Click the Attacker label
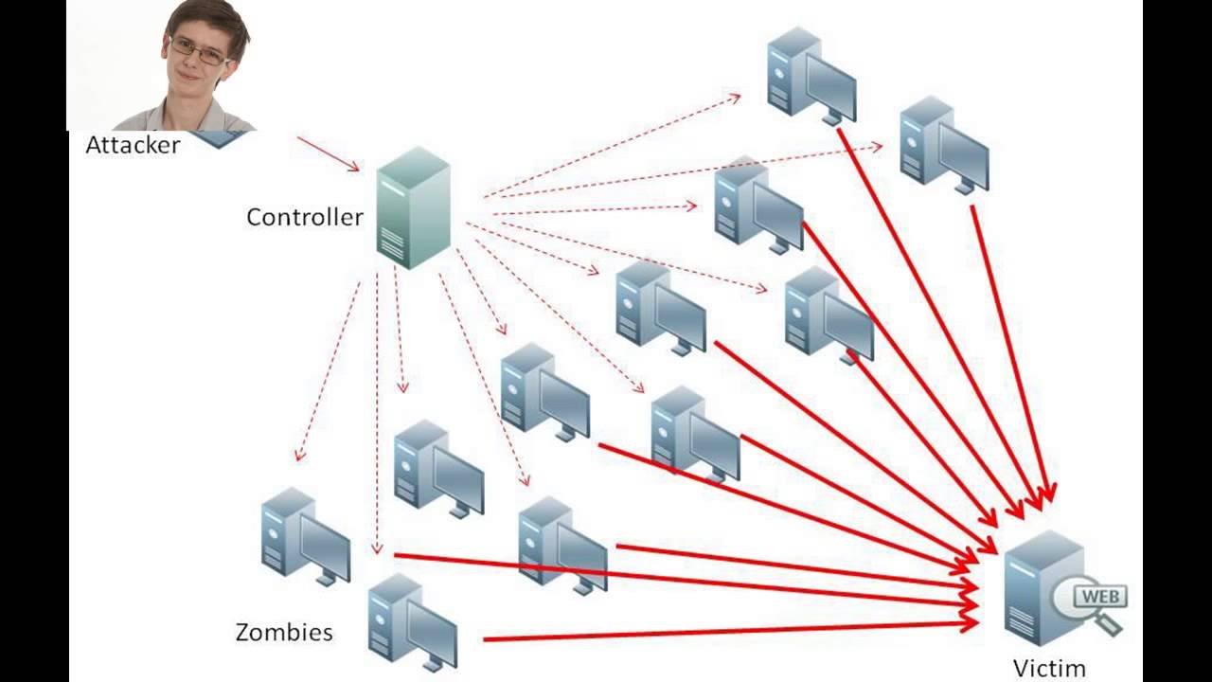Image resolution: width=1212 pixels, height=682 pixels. (x=133, y=145)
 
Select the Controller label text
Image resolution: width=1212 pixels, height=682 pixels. (x=304, y=217)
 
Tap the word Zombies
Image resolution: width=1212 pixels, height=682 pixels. (x=284, y=632)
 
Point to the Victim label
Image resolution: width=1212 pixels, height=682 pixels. (x=1049, y=668)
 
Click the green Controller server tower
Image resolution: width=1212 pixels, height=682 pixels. (x=413, y=208)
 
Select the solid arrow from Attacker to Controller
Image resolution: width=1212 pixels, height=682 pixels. (x=328, y=154)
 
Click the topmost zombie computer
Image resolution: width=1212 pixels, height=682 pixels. (x=811, y=76)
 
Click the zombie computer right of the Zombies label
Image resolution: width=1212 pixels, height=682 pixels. (x=412, y=621)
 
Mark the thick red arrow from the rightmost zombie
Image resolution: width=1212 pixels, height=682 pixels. (x=1010, y=350)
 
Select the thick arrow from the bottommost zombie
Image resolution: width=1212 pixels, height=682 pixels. (x=729, y=632)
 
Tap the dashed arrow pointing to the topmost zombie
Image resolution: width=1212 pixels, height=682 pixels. (x=611, y=146)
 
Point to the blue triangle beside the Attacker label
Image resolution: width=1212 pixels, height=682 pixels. (x=220, y=139)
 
